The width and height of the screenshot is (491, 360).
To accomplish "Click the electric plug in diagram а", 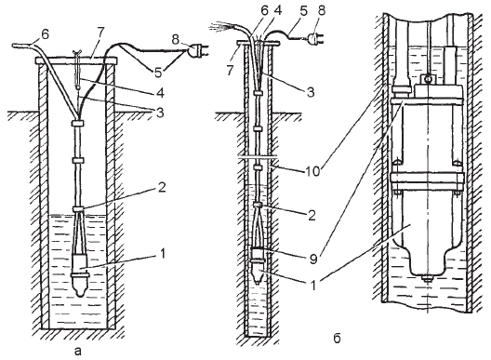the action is (196, 52).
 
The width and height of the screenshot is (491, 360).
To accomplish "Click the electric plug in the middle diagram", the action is (314, 39).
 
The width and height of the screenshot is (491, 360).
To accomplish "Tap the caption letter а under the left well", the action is (78, 352).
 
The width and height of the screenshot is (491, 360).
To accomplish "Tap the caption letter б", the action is (337, 339).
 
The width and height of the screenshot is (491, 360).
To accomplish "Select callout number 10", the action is (312, 171).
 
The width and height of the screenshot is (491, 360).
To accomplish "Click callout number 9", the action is (313, 259).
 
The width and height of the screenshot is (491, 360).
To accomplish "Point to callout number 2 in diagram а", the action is (162, 187).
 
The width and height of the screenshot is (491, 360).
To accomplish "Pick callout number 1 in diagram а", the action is (162, 253).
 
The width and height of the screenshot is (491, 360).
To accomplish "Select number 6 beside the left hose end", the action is (45, 34).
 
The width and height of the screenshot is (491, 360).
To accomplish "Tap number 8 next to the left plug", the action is (176, 40).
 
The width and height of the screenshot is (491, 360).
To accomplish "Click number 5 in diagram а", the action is (158, 73).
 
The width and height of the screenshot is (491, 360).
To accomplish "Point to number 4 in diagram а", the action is (161, 92).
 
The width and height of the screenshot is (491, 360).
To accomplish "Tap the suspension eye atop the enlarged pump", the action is (427, 79).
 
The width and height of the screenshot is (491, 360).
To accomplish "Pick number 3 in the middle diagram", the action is (311, 92).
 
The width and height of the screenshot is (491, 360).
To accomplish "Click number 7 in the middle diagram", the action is (231, 71).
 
